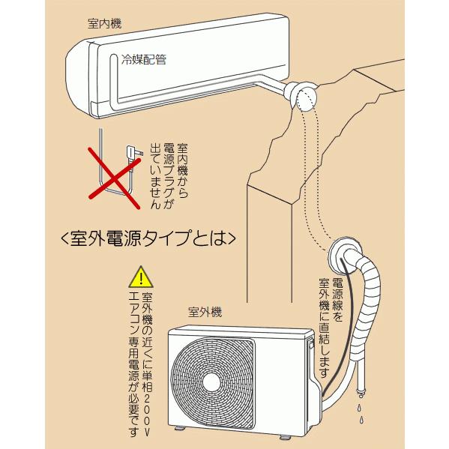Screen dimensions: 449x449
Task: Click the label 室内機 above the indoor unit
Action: point(104,23)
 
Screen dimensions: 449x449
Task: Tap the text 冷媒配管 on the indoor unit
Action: point(144,59)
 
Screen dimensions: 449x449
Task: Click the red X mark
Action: point(115,178)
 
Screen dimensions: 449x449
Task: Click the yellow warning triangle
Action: point(141,277)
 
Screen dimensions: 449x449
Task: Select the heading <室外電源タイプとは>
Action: point(148,238)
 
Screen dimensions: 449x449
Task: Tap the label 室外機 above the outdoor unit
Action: point(205,312)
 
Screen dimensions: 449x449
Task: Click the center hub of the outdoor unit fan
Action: point(211,382)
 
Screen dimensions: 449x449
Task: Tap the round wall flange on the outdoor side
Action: point(343,255)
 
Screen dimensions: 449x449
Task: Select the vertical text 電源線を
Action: point(337,301)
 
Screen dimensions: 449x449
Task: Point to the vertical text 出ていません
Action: point(155,175)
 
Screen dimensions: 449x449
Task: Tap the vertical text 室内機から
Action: point(183,171)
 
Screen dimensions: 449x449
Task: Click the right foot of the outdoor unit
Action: point(284,437)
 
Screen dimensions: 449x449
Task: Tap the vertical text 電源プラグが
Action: point(169,175)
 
